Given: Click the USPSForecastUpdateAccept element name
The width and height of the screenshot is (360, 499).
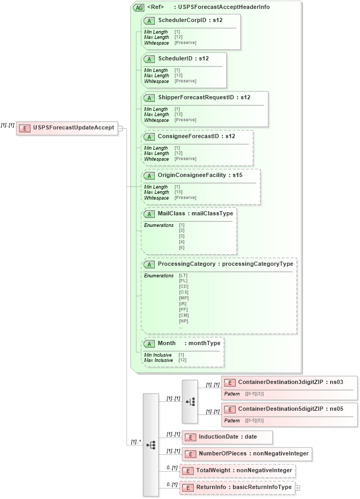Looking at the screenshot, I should tap(73, 128).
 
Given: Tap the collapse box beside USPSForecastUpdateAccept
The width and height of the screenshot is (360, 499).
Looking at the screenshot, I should tap(121, 128).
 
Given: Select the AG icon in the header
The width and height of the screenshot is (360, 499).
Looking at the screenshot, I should tap(139, 7).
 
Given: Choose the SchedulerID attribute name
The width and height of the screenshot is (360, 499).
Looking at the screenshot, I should tap(174, 58).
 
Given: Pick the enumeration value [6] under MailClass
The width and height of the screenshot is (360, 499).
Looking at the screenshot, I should tap(182, 247).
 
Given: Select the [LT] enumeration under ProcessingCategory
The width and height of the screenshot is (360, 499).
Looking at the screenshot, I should tap(183, 275).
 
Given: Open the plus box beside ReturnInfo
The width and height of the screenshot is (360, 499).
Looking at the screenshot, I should tap(298, 487).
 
